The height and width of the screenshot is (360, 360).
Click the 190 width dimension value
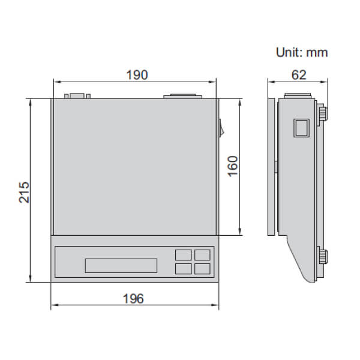click(x=136, y=74)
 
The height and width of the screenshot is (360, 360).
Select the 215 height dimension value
click(x=23, y=191)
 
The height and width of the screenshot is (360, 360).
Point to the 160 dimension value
click(x=233, y=166)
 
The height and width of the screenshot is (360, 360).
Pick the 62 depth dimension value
click(x=299, y=74)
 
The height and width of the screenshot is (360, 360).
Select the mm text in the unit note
click(x=317, y=52)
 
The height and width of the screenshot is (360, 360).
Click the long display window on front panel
click(x=121, y=265)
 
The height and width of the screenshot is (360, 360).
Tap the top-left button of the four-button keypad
click(x=182, y=255)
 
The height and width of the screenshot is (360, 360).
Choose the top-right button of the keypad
click(x=202, y=255)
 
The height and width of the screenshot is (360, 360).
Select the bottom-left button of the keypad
click(x=182, y=269)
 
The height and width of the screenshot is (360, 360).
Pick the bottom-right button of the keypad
click(x=202, y=269)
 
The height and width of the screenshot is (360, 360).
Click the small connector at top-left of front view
click(x=76, y=95)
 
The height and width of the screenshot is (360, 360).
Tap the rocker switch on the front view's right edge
click(x=220, y=127)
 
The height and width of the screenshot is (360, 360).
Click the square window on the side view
click(x=301, y=128)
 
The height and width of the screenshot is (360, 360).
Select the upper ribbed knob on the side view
click(x=323, y=113)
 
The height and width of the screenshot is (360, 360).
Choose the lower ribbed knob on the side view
click(x=323, y=256)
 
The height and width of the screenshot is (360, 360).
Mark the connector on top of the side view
click(x=298, y=95)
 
